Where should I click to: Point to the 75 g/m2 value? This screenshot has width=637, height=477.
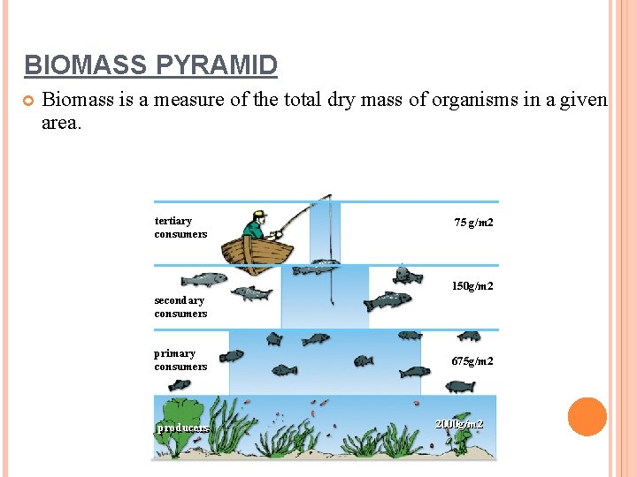click(x=473, y=223)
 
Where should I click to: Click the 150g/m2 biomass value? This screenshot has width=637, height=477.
click(x=472, y=286)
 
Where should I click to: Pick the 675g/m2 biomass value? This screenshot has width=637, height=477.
click(x=472, y=361)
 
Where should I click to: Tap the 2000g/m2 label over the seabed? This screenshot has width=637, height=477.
click(x=459, y=425)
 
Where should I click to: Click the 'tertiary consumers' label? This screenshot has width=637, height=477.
click(x=180, y=227)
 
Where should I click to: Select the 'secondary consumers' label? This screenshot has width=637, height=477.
click(x=180, y=307)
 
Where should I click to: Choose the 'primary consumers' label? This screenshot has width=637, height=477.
click(x=180, y=360)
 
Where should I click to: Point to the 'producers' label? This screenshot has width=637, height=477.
click(x=183, y=428)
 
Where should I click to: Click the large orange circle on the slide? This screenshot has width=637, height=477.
click(x=587, y=417)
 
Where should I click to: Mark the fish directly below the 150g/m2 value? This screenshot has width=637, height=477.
click(x=388, y=301)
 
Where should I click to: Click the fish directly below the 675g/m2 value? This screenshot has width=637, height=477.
click(x=460, y=386)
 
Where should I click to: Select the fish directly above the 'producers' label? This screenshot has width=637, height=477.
click(x=180, y=385)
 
